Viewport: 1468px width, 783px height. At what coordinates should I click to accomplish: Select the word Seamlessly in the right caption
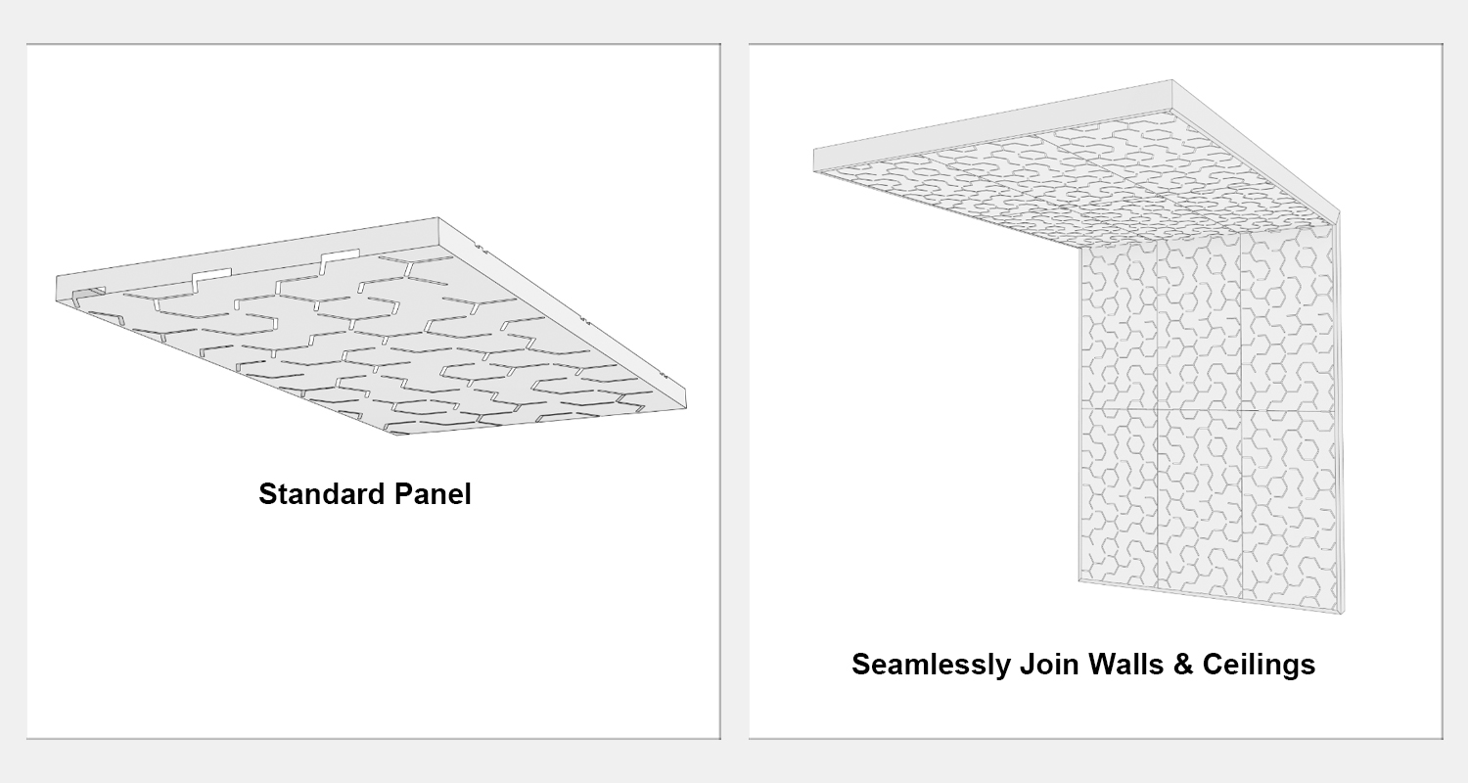point(932,665)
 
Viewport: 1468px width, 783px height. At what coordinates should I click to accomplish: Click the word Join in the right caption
point(1049,665)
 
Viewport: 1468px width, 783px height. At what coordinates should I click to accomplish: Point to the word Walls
point(1125,665)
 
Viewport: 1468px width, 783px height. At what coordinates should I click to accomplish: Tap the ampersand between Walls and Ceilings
point(1183,665)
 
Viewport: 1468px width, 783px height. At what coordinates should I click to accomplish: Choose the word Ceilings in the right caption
point(1259,665)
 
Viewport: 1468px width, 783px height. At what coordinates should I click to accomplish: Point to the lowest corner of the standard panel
point(395,436)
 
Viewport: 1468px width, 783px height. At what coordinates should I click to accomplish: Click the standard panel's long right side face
point(564,313)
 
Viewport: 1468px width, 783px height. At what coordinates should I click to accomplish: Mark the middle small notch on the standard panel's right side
point(588,320)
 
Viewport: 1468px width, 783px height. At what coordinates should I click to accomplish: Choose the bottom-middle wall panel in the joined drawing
point(1199,503)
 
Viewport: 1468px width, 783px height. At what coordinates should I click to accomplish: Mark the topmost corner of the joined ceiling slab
point(1172,80)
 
